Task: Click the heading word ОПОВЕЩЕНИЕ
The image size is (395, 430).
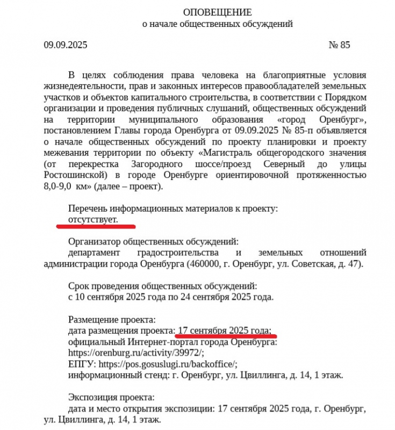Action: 217,12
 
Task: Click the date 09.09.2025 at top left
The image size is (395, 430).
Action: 66,45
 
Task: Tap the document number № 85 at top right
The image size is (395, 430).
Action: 339,45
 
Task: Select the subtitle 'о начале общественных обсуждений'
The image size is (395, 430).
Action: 217,24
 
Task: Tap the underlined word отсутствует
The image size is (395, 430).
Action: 93,219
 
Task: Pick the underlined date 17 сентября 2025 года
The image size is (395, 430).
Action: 224,329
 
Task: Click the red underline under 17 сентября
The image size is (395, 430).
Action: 226,336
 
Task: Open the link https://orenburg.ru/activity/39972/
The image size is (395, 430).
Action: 137,353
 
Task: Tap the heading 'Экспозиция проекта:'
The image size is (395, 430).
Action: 111,398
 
